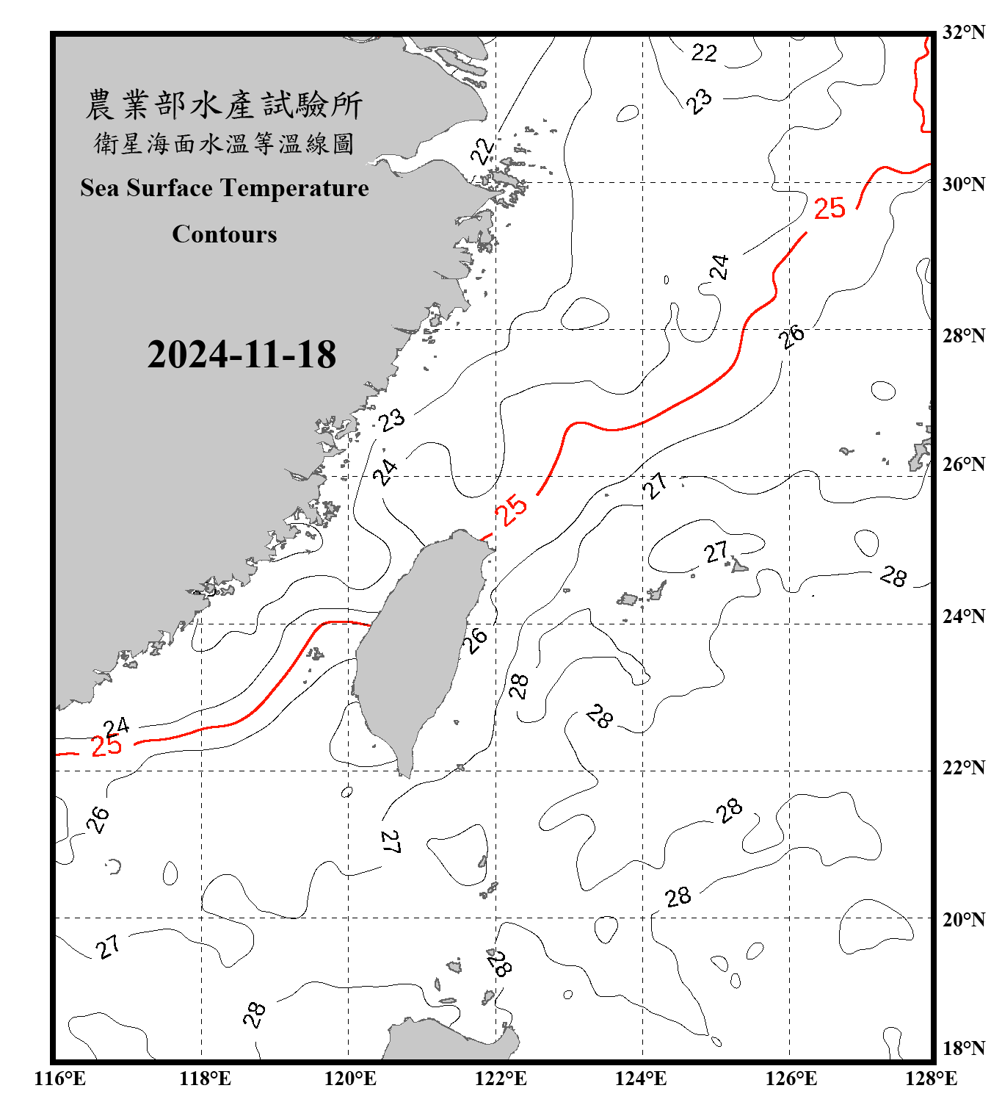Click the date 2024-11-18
tap(242, 355)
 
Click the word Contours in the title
tap(225, 234)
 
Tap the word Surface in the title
tap(170, 188)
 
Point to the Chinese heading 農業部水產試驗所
tap(224, 105)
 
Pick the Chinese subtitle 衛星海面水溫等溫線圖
tap(224, 144)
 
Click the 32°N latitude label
tap(963, 32)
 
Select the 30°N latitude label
tap(963, 184)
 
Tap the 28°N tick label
tap(963, 336)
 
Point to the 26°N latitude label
tap(963, 464)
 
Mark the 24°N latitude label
tap(963, 616)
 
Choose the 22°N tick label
tap(963, 768)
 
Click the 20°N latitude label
tap(963, 919)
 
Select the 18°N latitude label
tap(963, 1048)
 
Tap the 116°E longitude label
tap(59, 1078)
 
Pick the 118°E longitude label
tap(205, 1078)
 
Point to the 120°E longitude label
tap(350, 1078)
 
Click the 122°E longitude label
tap(501, 1078)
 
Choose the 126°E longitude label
tap(791, 1078)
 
